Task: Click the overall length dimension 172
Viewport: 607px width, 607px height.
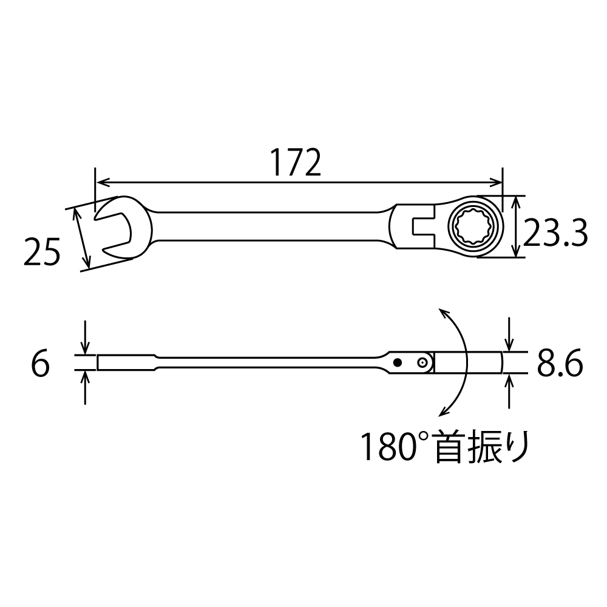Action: pyautogui.click(x=295, y=161)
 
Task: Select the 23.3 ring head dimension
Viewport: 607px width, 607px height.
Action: pyautogui.click(x=555, y=233)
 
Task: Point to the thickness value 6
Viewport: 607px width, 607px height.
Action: pyautogui.click(x=40, y=365)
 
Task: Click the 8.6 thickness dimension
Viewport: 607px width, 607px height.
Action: pyautogui.click(x=559, y=365)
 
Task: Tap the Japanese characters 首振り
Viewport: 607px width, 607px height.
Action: pyautogui.click(x=483, y=447)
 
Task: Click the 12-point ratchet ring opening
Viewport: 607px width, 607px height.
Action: pyautogui.click(x=474, y=228)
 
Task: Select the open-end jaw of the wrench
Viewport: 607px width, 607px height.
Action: pyautogui.click(x=115, y=228)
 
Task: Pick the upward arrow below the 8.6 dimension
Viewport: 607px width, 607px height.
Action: pyautogui.click(x=509, y=381)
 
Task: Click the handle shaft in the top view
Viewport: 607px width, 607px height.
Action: pyautogui.click(x=267, y=228)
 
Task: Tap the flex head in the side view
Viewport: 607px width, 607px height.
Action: pyautogui.click(x=467, y=362)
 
